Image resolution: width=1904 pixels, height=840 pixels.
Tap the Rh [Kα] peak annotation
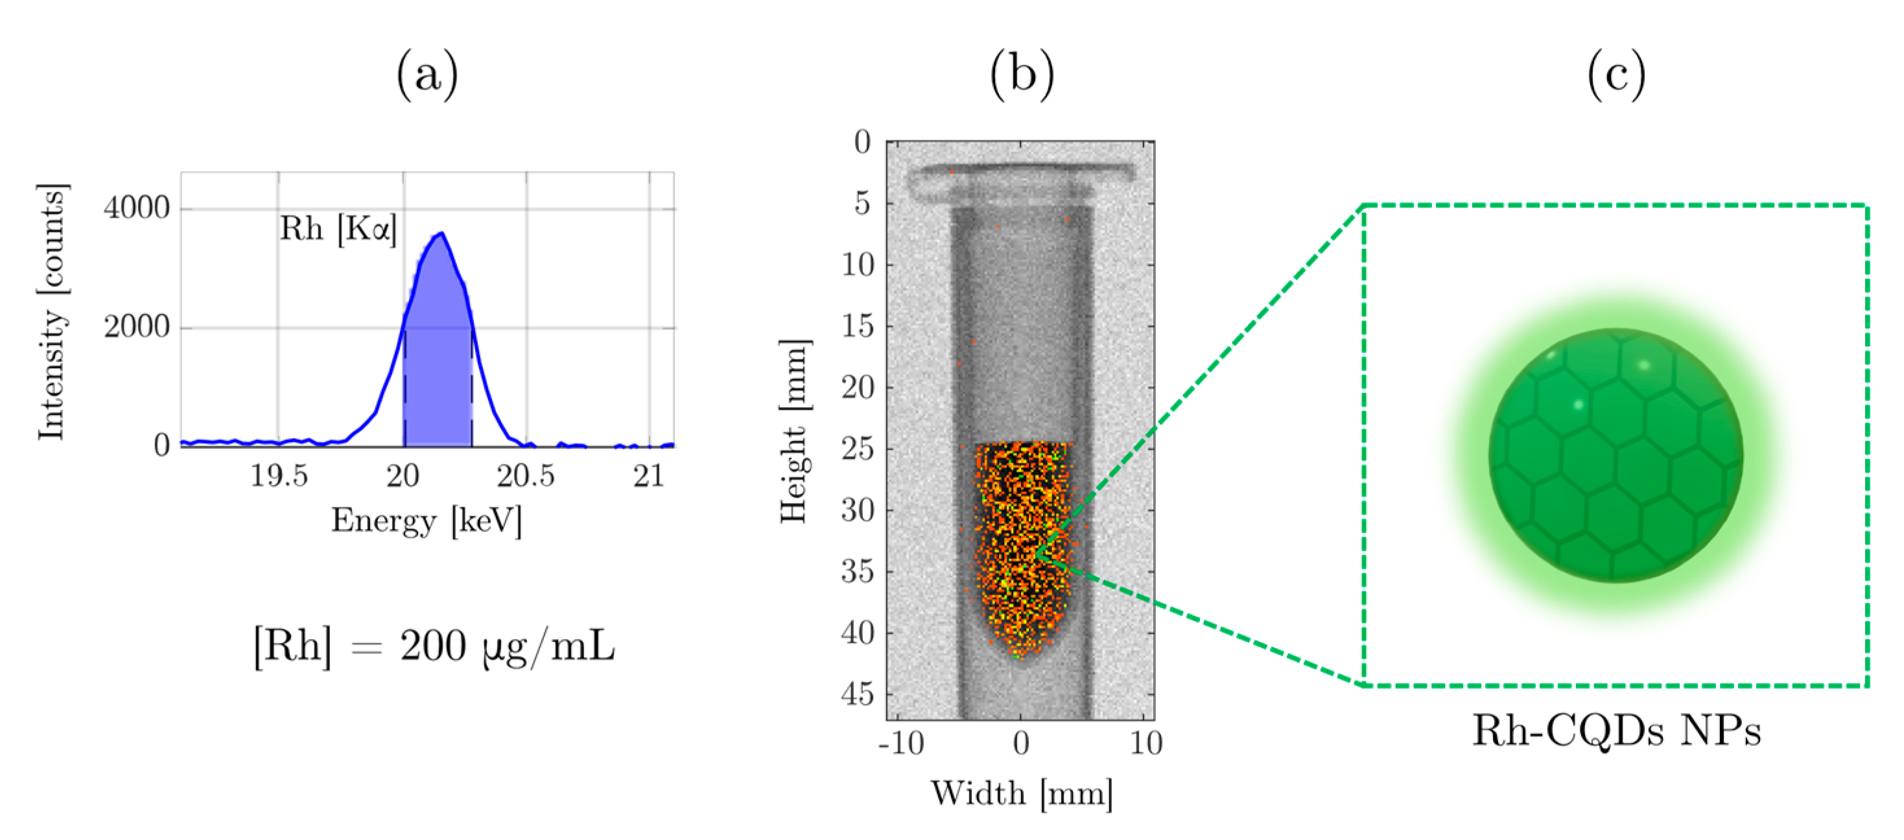click(x=338, y=229)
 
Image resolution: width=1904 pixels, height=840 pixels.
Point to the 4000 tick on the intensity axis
click(x=137, y=208)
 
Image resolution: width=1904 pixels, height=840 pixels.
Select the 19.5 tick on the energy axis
click(x=279, y=476)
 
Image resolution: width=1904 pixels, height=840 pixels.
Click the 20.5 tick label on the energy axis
click(x=526, y=476)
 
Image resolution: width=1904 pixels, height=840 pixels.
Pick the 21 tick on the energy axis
click(x=649, y=476)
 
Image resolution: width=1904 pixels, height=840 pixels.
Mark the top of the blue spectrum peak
click(x=441, y=233)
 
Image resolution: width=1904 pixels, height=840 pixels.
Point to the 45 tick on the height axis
click(x=858, y=694)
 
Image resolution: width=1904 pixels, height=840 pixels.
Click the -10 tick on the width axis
click(x=901, y=743)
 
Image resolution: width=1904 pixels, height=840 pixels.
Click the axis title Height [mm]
click(x=795, y=432)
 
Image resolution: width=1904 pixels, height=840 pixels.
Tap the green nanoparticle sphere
click(x=1616, y=456)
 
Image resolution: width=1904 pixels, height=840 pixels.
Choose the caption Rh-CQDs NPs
click(x=1616, y=731)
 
